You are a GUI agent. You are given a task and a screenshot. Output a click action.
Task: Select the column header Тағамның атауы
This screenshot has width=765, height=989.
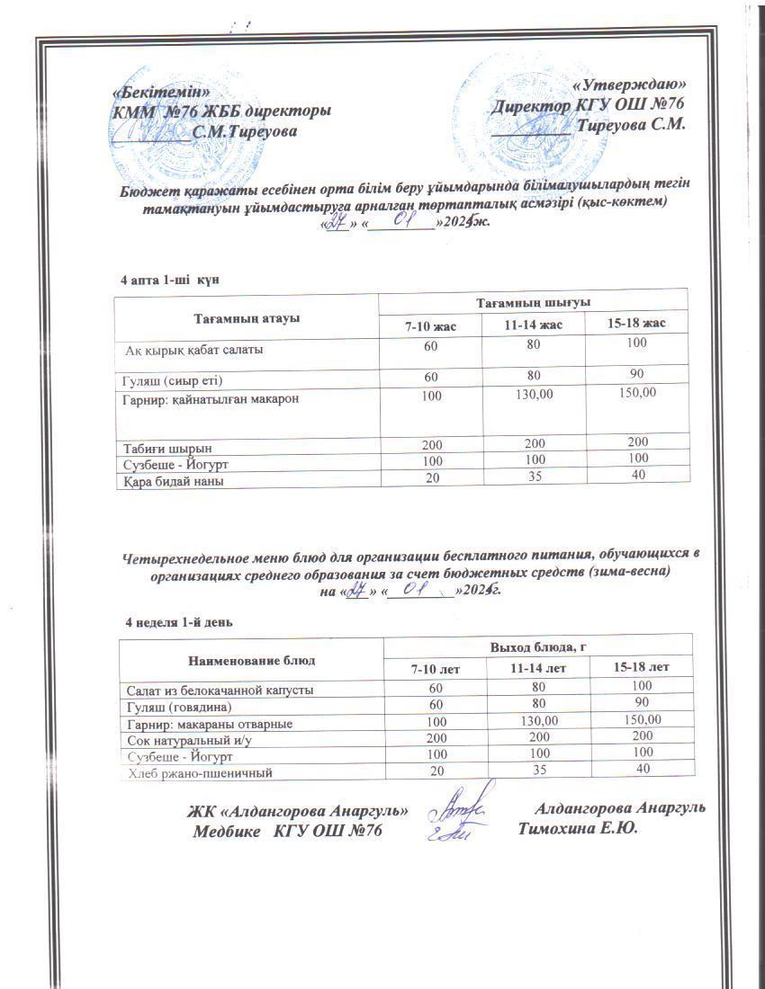tap(246, 317)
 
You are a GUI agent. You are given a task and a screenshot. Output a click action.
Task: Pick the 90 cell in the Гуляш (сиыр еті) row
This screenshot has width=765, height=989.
tap(638, 372)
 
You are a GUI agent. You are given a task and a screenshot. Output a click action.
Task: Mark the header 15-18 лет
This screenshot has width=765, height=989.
tap(641, 668)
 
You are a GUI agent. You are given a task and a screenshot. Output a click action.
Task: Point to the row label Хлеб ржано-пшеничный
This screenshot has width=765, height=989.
tap(199, 772)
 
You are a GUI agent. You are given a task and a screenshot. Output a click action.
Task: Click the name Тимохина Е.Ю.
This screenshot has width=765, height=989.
tap(578, 828)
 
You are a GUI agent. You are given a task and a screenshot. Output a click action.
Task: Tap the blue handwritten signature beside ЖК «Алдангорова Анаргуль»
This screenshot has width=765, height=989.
tap(460, 812)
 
